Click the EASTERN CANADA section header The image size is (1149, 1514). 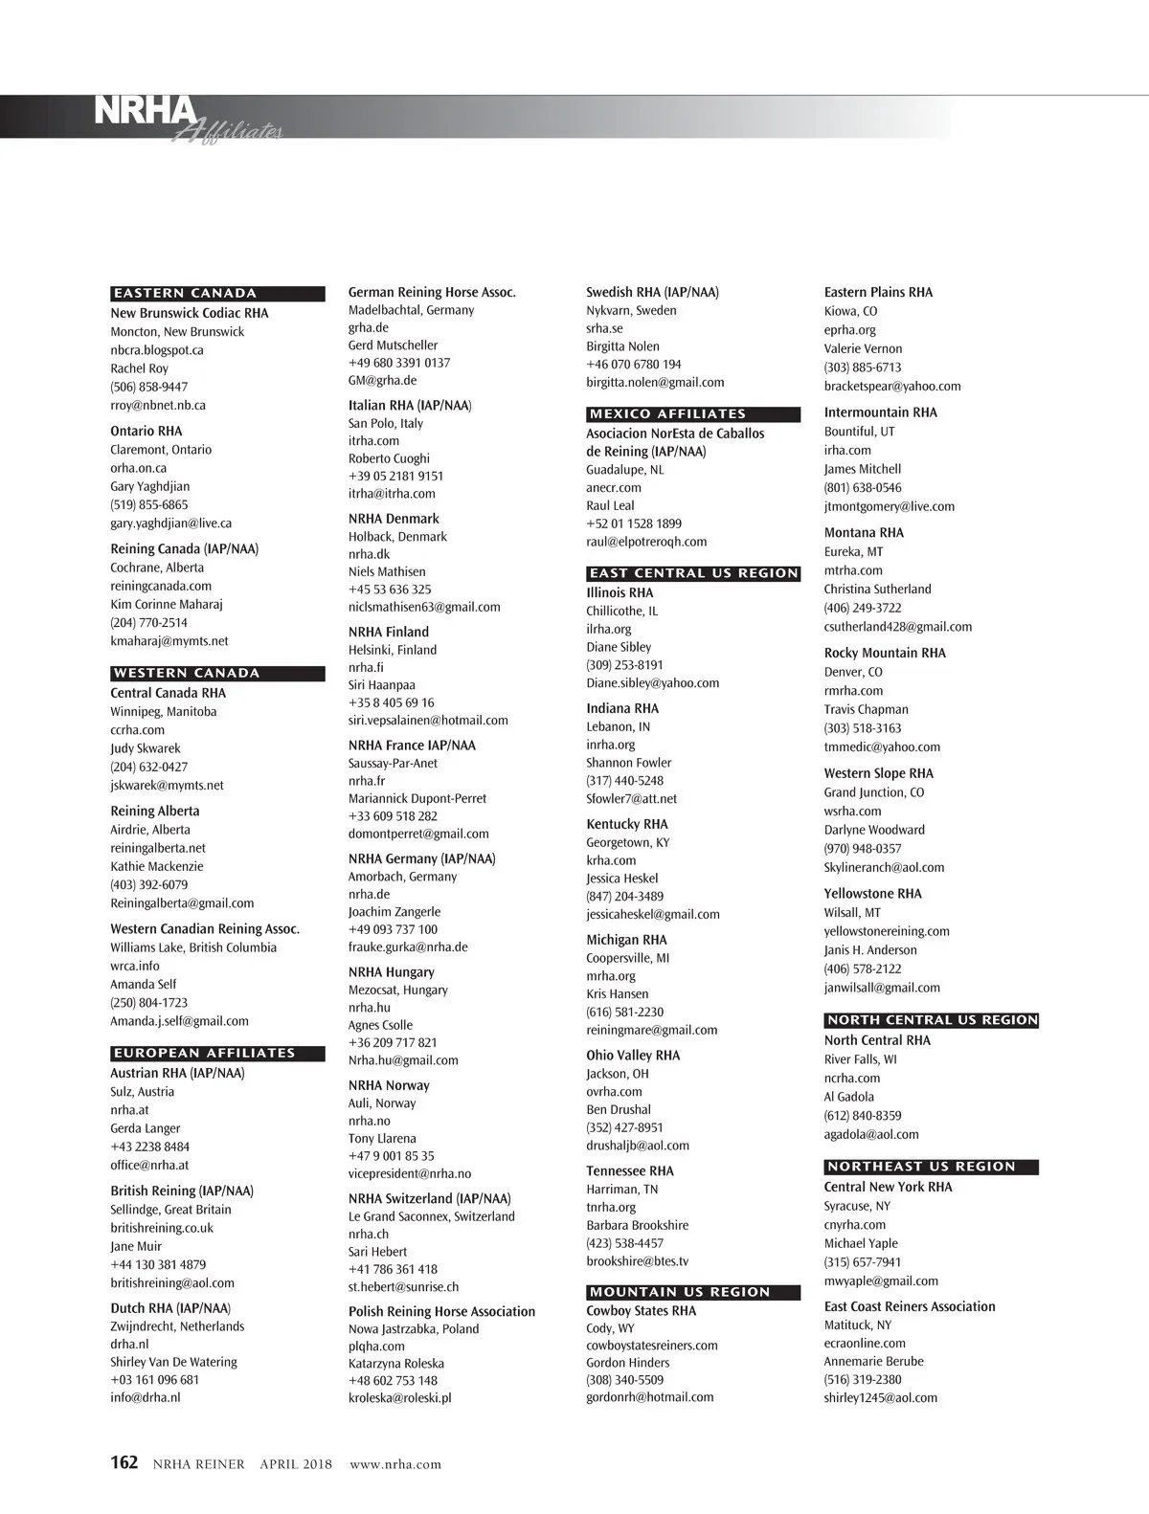click(x=217, y=294)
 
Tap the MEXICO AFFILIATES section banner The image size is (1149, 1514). click(x=693, y=414)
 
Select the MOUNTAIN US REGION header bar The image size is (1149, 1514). click(x=693, y=1292)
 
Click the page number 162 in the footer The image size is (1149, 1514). click(x=124, y=1462)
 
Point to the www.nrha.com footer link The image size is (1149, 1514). click(x=395, y=1464)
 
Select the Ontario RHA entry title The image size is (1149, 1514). click(x=146, y=431)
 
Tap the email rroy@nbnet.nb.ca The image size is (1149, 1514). click(x=158, y=405)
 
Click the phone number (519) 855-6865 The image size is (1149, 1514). click(x=149, y=504)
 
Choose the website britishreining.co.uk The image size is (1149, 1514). click(x=162, y=1228)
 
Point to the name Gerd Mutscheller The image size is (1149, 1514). click(x=393, y=345)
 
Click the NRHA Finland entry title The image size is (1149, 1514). click(x=388, y=632)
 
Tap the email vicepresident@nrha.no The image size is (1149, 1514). click(x=410, y=1173)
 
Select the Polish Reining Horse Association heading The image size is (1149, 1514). click(x=441, y=1311)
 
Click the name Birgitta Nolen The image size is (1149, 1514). click(x=622, y=346)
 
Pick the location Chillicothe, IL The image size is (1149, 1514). click(x=621, y=611)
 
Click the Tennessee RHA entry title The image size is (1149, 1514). click(x=630, y=1170)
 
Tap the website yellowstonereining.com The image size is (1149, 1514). click(x=887, y=931)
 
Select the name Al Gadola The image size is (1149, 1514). click(x=849, y=1097)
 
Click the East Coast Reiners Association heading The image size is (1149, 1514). click(x=910, y=1306)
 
